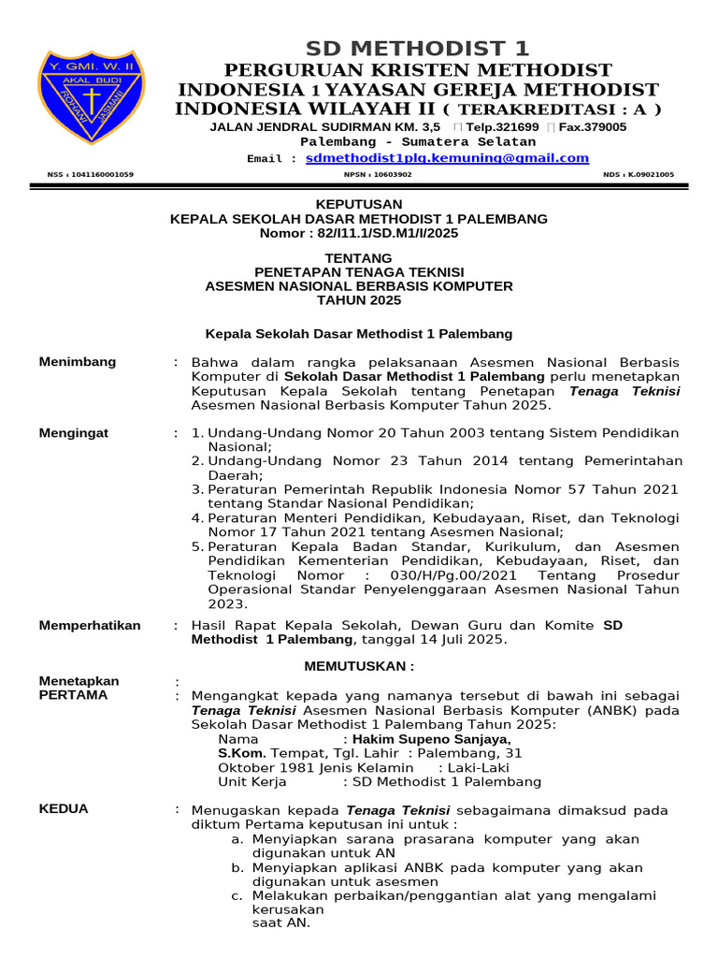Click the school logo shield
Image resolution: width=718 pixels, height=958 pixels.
(92, 104)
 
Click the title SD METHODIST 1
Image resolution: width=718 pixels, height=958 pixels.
(418, 48)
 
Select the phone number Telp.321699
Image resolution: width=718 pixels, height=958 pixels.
(502, 126)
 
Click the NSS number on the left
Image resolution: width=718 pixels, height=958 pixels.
(90, 174)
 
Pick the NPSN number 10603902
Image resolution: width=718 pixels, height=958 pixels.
(379, 174)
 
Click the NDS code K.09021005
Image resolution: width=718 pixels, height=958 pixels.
(639, 174)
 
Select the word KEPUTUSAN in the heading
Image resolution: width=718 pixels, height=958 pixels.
(359, 204)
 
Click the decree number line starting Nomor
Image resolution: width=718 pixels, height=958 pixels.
(359, 233)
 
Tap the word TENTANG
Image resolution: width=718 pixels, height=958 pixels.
(359, 257)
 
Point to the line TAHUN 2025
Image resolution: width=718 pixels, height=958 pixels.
(359, 300)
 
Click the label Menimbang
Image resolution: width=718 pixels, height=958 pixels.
(78, 362)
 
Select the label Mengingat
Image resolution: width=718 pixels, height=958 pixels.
(74, 432)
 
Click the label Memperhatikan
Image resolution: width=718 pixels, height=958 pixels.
(90, 625)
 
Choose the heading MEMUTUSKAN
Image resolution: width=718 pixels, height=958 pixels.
(359, 666)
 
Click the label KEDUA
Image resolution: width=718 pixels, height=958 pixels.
(64, 809)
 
